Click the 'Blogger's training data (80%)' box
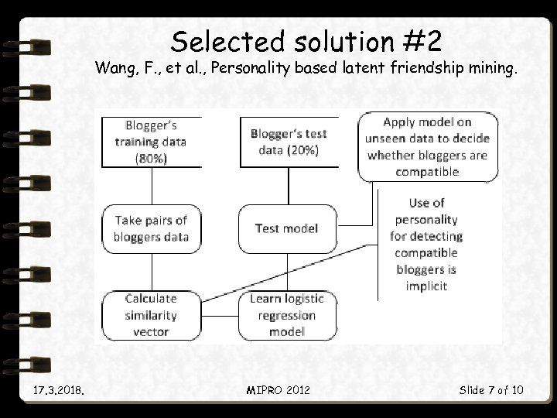152,141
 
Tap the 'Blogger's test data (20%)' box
289,141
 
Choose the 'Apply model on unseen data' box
428,147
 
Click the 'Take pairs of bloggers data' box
152,228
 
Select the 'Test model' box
287,228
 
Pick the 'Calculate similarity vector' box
152,315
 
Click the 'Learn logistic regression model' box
287,315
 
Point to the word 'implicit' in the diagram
426,286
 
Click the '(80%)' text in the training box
152,159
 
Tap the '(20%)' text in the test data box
300,150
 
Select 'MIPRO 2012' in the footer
278,389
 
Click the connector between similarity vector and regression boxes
220,316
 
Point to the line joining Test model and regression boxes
288,271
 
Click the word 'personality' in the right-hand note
426,219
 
